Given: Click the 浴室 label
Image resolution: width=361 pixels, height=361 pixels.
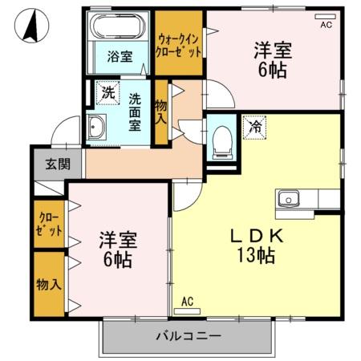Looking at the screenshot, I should (x=120, y=57).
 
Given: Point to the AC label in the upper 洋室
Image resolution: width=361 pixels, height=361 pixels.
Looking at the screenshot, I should (x=326, y=25).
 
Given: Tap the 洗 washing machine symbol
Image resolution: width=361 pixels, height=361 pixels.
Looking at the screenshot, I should (x=106, y=92).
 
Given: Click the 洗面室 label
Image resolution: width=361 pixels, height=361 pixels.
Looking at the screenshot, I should (x=135, y=112).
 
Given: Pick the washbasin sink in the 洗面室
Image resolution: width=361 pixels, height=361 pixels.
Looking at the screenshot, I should (x=96, y=126).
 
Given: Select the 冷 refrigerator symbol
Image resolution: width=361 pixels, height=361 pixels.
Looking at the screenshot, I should (x=254, y=126).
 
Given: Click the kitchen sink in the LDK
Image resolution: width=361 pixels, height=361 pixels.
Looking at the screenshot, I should (x=288, y=197).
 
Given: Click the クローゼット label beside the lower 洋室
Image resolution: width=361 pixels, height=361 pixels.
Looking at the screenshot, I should (x=49, y=223).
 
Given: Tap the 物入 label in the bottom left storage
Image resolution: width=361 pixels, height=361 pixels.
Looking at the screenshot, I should (x=48, y=284).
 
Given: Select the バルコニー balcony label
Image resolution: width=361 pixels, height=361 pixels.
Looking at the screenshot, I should (x=187, y=335).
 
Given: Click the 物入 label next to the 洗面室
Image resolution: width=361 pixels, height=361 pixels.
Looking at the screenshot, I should (x=161, y=112).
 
